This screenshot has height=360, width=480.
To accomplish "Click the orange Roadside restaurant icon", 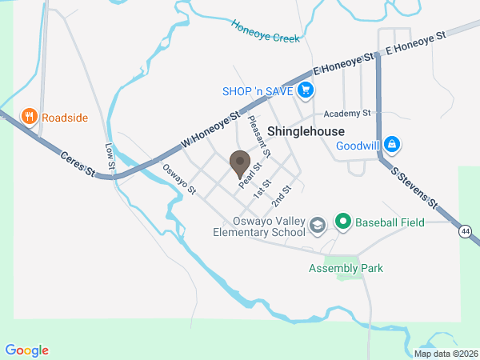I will point(30,117).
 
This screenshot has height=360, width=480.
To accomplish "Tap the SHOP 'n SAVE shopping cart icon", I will point(304,91).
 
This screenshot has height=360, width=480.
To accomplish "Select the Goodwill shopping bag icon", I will point(391,145).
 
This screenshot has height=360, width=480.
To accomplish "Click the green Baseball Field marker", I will point(343,222).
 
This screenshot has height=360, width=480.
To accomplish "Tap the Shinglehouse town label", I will point(306,131).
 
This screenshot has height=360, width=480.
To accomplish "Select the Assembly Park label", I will point(346,268).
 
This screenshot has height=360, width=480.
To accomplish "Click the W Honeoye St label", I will point(211,129).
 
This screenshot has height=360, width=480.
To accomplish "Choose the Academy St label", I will point(348,114).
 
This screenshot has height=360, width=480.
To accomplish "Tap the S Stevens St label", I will point(415,188).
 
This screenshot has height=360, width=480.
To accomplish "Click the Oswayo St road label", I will point(179,179).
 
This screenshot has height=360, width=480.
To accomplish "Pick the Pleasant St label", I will point(259,136).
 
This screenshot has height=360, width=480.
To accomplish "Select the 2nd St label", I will point(281,194).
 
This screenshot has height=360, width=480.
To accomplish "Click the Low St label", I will point(110,155).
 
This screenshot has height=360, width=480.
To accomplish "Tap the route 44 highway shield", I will point(465,232).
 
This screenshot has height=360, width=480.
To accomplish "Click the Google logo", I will point(27,350).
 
